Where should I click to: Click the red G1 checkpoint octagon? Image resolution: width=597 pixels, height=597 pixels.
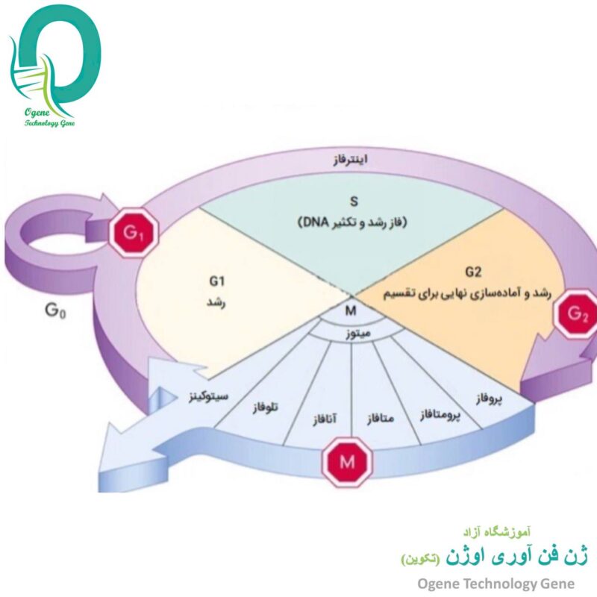pyautogui.click(x=134, y=233)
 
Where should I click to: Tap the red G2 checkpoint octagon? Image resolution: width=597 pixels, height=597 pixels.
pyautogui.click(x=577, y=313)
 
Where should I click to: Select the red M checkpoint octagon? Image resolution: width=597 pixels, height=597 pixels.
pyautogui.click(x=347, y=462)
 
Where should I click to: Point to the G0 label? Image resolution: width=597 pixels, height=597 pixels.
pyautogui.click(x=55, y=310)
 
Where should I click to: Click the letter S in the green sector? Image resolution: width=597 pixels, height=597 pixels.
pyautogui.click(x=354, y=201)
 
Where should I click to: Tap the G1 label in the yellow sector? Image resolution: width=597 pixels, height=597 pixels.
pyautogui.click(x=216, y=281)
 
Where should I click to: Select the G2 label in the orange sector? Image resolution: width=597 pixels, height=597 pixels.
pyautogui.click(x=473, y=272)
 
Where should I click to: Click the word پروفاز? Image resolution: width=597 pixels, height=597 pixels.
pyautogui.click(x=489, y=398)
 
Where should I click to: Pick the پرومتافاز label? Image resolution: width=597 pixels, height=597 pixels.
pyautogui.click(x=440, y=415)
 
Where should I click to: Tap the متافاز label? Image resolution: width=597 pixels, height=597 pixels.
pyautogui.click(x=381, y=419)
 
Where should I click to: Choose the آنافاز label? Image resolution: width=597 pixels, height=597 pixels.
pyautogui.click(x=325, y=419)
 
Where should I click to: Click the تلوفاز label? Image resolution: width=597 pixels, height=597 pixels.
pyautogui.click(x=266, y=407)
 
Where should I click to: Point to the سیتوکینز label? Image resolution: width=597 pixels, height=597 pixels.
pyautogui.click(x=209, y=397)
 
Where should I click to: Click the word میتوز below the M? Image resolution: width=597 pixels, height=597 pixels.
pyautogui.click(x=358, y=334)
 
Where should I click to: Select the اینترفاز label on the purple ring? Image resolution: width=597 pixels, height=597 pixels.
pyautogui.click(x=350, y=160)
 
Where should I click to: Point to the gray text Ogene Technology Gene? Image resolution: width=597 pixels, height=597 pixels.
pyautogui.click(x=496, y=584)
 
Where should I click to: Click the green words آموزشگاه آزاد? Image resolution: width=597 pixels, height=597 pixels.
pyautogui.click(x=497, y=531)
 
